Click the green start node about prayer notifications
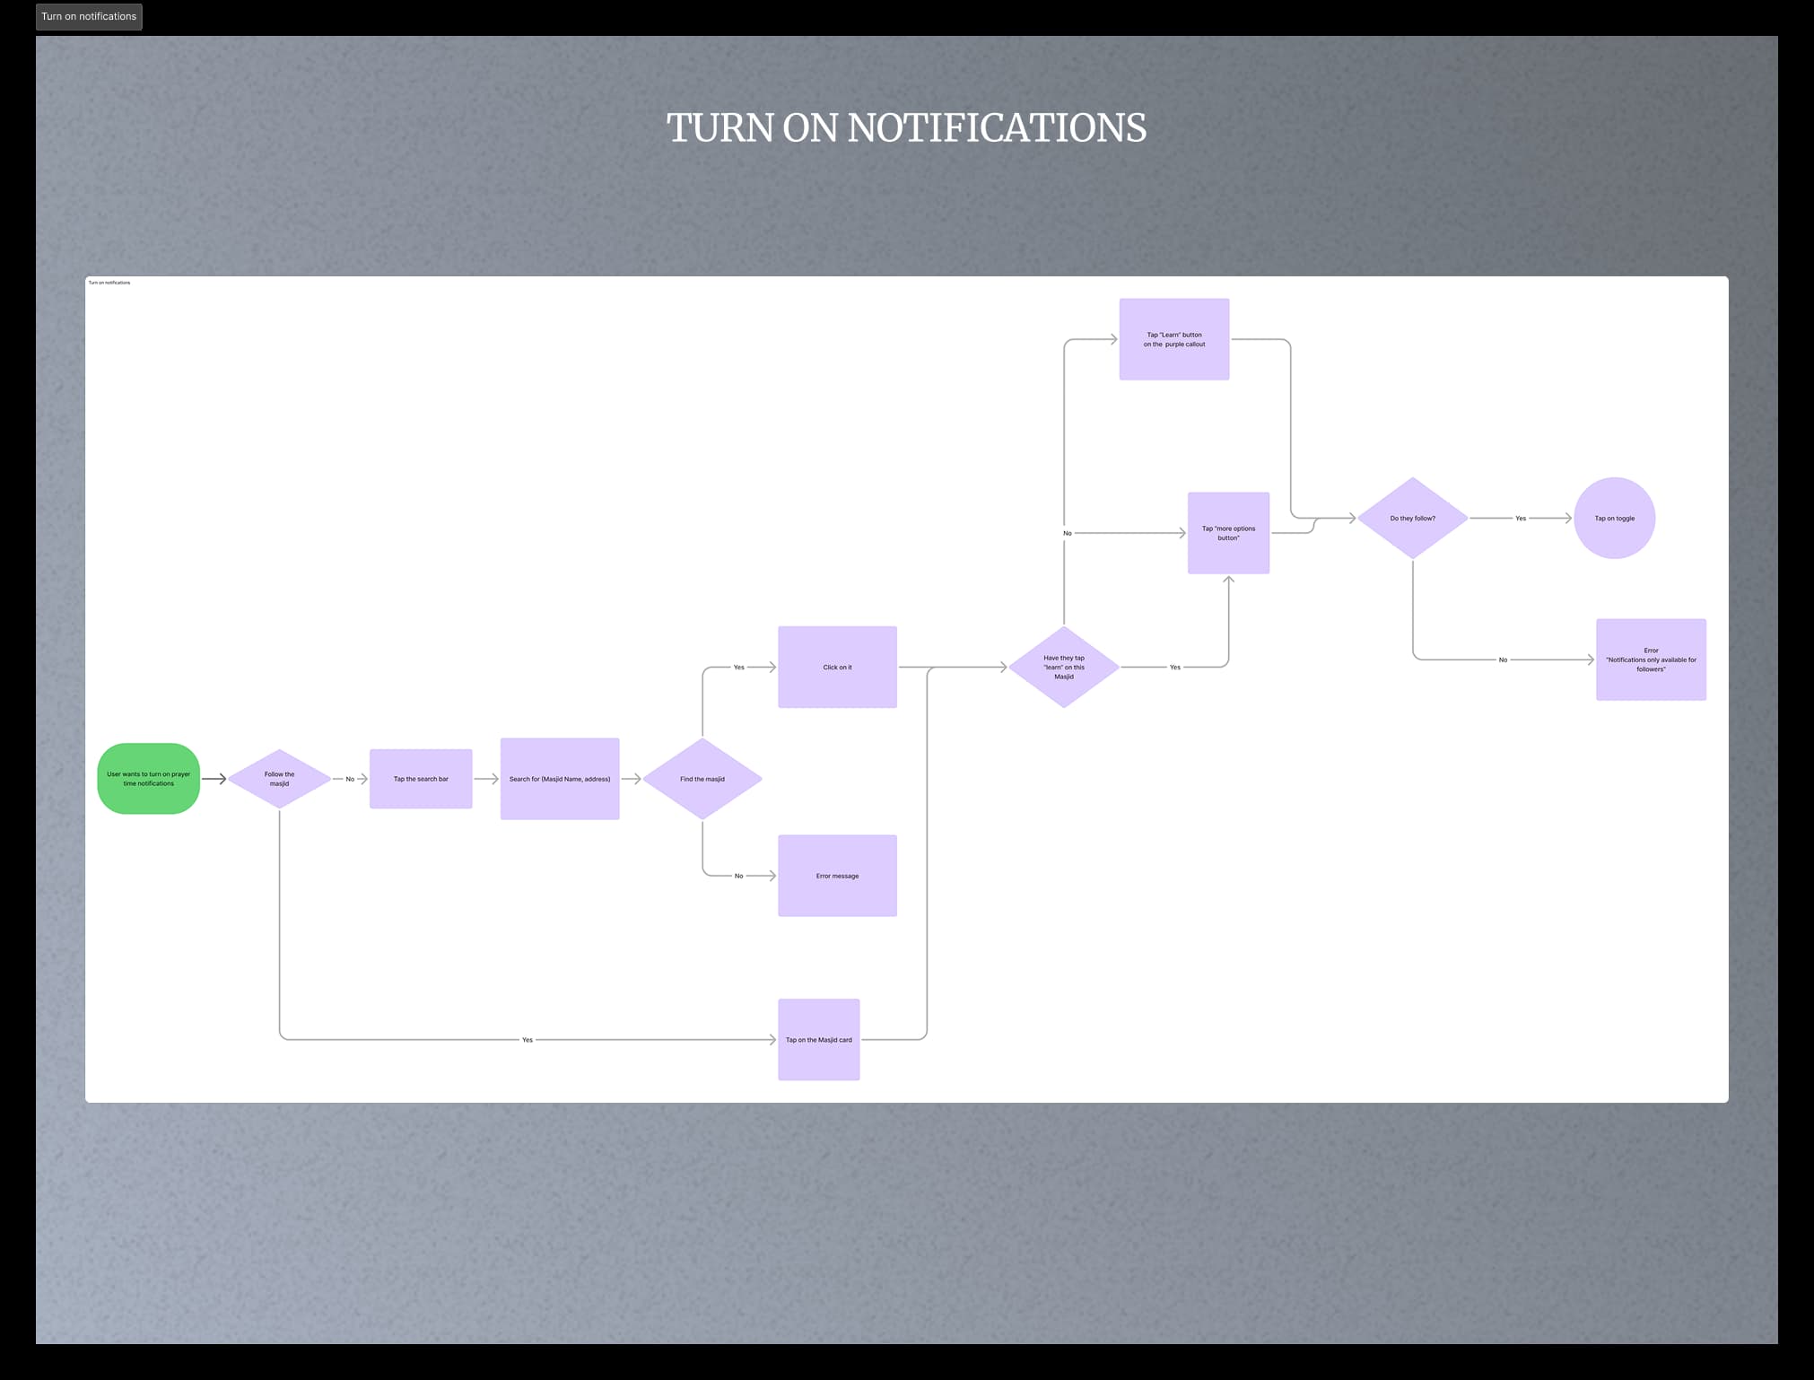pos(148,779)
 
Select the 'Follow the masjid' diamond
pos(279,779)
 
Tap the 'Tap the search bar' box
pos(421,779)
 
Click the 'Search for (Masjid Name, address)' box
pos(560,779)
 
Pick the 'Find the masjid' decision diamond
pos(702,779)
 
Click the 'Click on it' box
pos(837,667)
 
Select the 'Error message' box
pos(837,876)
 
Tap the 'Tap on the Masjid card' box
pos(818,1040)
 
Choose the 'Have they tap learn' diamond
pos(1064,667)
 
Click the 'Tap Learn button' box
pos(1173,339)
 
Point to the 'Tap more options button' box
pos(1228,533)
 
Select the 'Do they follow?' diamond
pos(1412,519)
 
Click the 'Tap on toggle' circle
pos(1614,519)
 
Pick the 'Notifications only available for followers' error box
pos(1651,659)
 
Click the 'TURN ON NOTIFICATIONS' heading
pos(906,127)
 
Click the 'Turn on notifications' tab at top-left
pos(89,16)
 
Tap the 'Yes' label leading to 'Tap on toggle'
pos(1521,519)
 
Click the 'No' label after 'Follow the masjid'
pos(350,779)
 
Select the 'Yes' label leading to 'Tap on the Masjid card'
pos(528,1040)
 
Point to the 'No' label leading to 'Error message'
pos(738,876)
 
